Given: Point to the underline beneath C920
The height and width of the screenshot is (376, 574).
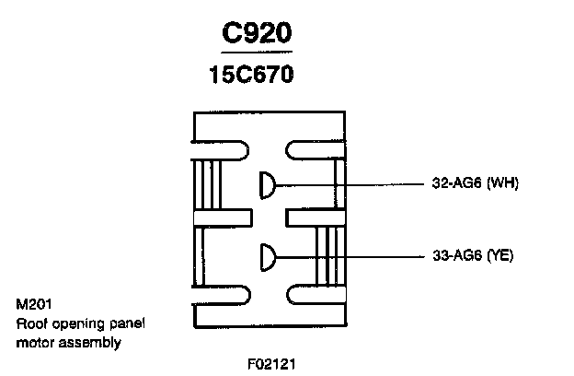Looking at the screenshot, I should (x=257, y=53).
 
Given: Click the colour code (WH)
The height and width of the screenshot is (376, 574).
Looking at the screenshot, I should (x=502, y=182).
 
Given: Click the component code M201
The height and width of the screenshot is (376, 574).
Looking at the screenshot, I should (x=32, y=303).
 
